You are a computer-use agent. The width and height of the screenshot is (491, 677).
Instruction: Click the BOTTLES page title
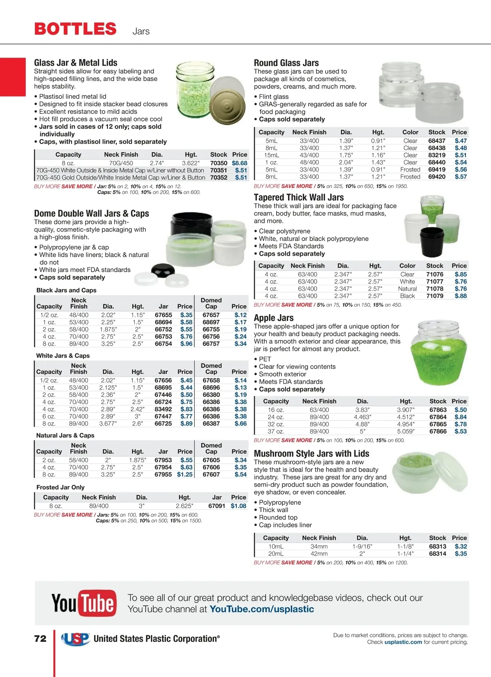click(75, 29)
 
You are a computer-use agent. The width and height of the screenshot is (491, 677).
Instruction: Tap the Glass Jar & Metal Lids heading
click(76, 63)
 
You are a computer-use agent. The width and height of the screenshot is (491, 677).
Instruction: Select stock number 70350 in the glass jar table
click(218, 163)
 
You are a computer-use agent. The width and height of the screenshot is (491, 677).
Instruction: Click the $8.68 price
click(239, 163)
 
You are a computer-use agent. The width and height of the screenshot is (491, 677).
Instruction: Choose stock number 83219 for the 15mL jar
click(437, 155)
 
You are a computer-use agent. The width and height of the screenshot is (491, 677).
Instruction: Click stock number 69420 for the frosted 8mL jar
click(437, 177)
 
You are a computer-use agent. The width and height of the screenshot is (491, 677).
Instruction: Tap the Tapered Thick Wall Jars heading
click(299, 197)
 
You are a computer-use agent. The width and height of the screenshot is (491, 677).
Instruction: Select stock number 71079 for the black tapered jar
click(435, 296)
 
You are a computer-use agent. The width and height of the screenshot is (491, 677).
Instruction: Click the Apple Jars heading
click(274, 318)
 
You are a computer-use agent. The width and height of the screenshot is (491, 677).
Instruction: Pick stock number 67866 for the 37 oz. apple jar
click(438, 431)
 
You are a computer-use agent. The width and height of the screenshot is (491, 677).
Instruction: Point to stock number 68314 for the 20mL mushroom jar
click(437, 553)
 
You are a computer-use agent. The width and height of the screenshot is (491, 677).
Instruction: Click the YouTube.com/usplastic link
click(261, 609)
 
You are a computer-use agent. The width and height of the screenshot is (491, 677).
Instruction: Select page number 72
click(41, 639)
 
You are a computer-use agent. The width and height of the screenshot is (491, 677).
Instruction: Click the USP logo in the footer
click(75, 639)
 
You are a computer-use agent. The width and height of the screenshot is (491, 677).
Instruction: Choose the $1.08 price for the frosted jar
click(238, 506)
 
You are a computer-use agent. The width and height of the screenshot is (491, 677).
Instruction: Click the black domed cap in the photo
click(163, 270)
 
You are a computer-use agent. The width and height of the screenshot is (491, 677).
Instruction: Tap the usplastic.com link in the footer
click(403, 642)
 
